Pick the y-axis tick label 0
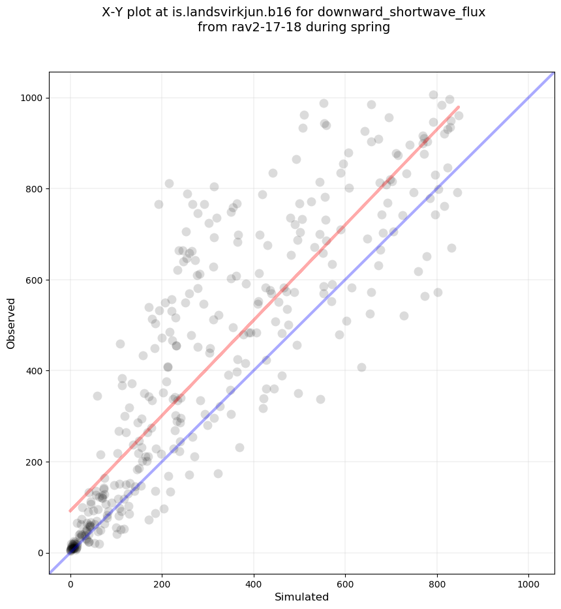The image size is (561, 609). tap(40, 553)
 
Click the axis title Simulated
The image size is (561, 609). tap(301, 597)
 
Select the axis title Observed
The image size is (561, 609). tap(11, 323)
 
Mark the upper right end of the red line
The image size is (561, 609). tap(459, 107)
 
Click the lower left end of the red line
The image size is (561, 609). tap(70, 511)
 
